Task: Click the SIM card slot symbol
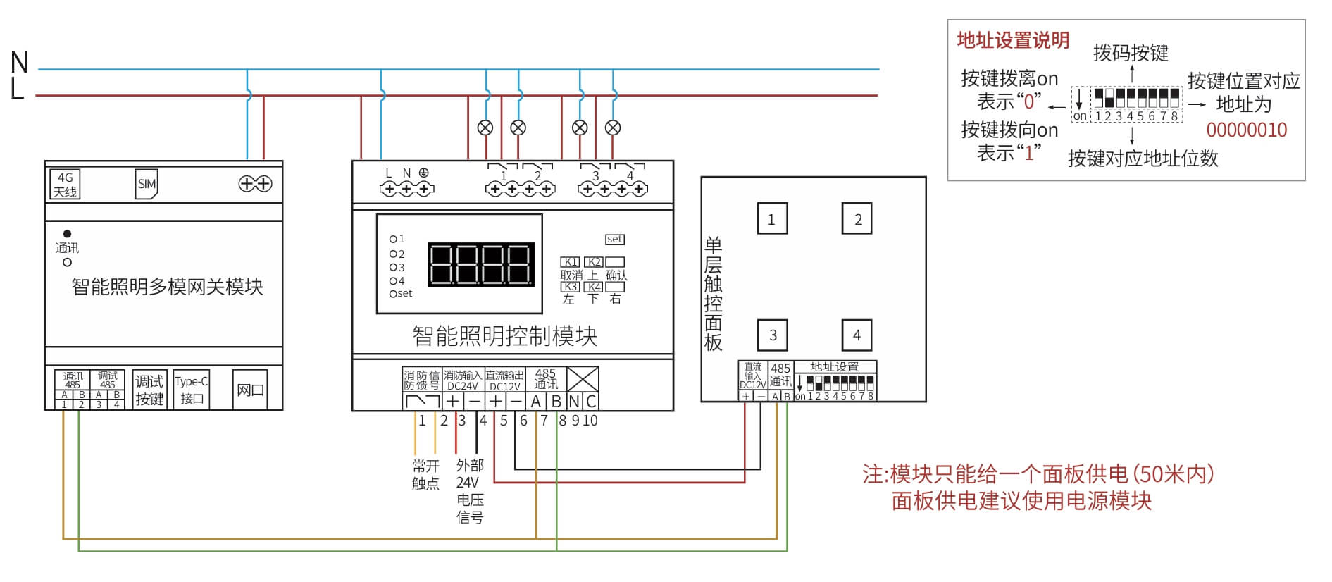[147, 184]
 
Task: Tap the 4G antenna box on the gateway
[65, 184]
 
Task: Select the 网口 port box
[250, 390]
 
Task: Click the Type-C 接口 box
[191, 390]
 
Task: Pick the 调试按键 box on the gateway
[149, 390]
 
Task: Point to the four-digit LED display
[481, 264]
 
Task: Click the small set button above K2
[614, 240]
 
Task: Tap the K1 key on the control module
[570, 262]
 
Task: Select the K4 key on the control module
[595, 287]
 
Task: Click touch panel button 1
[772, 218]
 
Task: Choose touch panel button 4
[857, 335]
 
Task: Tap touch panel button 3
[773, 335]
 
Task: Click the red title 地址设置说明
[1013, 41]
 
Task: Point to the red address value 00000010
[1246, 130]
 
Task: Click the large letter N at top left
[20, 63]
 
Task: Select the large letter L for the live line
[18, 89]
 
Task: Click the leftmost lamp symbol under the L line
[485, 128]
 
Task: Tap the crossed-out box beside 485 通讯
[583, 379]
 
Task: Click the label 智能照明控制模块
[504, 336]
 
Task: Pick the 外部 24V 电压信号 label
[470, 491]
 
